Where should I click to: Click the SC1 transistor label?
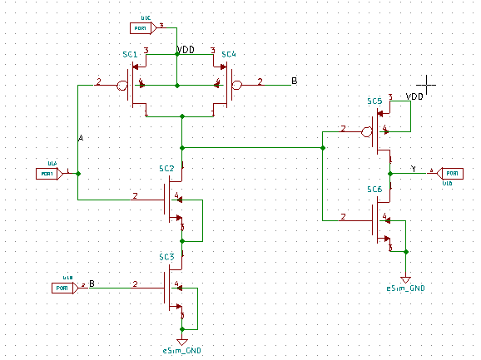point(129,54)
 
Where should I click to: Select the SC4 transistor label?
point(228,54)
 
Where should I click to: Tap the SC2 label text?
point(166,169)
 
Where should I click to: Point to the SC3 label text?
point(166,258)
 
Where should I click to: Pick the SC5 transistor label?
point(374,101)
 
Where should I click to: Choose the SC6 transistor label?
point(374,190)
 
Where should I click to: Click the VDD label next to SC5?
point(414,97)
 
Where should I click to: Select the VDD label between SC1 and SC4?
point(186,50)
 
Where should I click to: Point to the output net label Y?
point(414,169)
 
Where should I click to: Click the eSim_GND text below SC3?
point(182,351)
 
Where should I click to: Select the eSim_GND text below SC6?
point(405,288)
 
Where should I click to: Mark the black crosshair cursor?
point(427,83)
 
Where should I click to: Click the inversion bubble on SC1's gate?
point(122,85)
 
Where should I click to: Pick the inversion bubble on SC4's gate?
point(236,85)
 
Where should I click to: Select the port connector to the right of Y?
point(450,172)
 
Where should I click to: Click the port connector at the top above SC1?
point(142,29)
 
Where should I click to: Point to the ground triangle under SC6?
point(405,279)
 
